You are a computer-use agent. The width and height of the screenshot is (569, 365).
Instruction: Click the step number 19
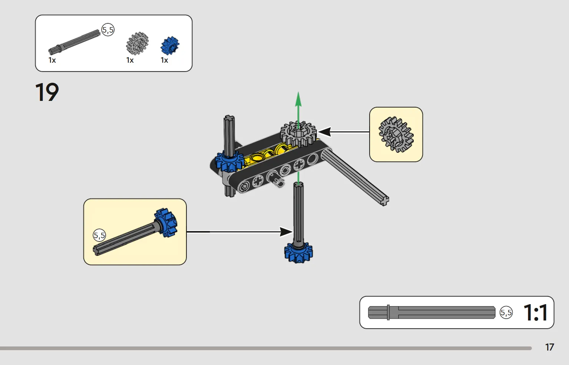47,92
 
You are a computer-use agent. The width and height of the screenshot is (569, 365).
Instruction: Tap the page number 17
549,347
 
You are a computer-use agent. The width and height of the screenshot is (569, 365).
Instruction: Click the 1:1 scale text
536,312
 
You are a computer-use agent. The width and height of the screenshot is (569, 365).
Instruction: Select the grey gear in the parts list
137,43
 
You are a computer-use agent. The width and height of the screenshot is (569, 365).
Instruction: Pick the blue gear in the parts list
170,46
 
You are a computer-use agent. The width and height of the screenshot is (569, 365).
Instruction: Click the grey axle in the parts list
74,42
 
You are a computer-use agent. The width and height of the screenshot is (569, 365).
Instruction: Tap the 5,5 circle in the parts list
108,30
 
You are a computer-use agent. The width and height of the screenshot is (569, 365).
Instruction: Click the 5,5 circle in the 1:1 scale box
506,312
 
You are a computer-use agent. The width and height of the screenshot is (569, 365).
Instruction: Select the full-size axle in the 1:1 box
431,312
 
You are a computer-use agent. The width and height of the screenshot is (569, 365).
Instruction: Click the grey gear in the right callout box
396,134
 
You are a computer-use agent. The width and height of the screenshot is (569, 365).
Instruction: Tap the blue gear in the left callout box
166,223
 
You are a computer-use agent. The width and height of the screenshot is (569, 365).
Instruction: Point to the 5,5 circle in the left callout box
99,235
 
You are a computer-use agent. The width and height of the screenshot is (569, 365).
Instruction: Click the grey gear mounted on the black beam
298,134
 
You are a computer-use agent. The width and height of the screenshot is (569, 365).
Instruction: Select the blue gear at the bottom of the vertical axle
298,253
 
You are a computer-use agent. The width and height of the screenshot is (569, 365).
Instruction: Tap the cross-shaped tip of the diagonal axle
384,201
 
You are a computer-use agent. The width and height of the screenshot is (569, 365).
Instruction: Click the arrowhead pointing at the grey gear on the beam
324,132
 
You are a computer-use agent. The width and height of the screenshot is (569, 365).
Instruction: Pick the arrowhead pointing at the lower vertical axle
286,231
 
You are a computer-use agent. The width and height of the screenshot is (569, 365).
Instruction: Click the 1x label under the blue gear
164,60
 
